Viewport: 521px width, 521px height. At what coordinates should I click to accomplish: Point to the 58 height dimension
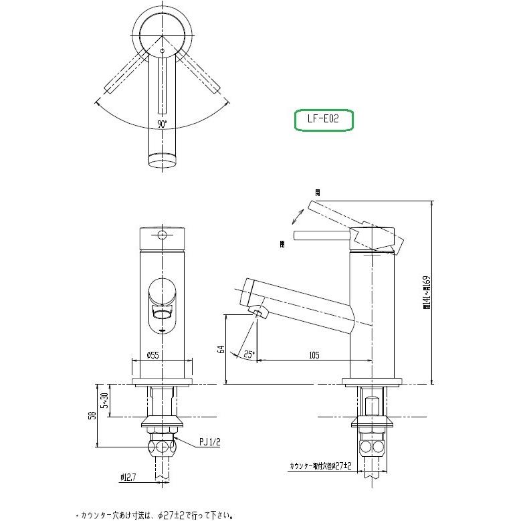(92, 415)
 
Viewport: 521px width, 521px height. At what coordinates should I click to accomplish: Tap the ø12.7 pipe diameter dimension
(130, 477)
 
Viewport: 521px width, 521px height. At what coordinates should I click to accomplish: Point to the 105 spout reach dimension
(313, 356)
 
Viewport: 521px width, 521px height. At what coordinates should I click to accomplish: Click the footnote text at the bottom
(155, 515)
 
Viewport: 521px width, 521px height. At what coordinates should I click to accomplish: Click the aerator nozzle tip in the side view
(257, 312)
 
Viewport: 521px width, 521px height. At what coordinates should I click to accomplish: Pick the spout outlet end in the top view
(163, 160)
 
